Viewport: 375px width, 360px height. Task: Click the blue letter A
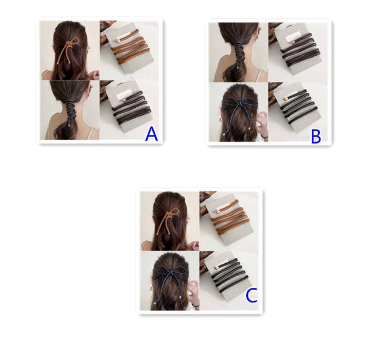click(151, 134)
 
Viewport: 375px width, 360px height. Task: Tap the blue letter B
click(316, 137)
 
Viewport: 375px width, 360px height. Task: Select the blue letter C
click(251, 296)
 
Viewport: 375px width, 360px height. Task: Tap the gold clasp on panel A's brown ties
click(119, 41)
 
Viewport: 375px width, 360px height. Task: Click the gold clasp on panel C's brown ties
click(219, 211)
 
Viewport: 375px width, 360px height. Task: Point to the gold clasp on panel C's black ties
click(219, 267)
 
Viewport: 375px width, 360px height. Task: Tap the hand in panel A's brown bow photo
click(94, 74)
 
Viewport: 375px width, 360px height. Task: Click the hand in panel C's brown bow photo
click(194, 246)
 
